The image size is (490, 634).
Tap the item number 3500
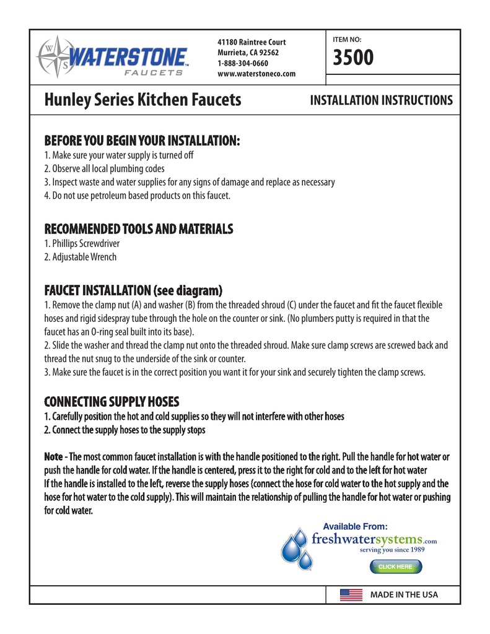pyautogui.click(x=354, y=59)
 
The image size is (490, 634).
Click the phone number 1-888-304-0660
pyautogui.click(x=243, y=64)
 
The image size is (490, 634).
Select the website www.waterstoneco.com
pyautogui.click(x=256, y=74)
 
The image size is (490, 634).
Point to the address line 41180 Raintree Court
pyautogui.click(x=252, y=42)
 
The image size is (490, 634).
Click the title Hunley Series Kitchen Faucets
pyautogui.click(x=142, y=100)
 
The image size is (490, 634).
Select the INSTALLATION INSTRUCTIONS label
pyautogui.click(x=381, y=100)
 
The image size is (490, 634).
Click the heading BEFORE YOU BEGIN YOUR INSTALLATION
pyautogui.click(x=142, y=141)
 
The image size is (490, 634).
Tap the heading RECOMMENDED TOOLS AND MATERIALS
pyautogui.click(x=138, y=229)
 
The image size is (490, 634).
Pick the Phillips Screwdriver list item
pyautogui.click(x=82, y=244)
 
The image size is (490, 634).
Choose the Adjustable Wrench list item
pyautogui.click(x=80, y=257)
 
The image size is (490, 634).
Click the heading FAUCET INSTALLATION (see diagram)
pyautogui.click(x=133, y=290)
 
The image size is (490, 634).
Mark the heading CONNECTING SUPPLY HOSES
pyautogui.click(x=112, y=402)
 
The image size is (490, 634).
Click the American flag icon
pyautogui.click(x=351, y=595)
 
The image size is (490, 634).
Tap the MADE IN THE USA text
pyautogui.click(x=404, y=595)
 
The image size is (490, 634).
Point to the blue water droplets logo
pyautogui.click(x=295, y=549)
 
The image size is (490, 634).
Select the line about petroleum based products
pyautogui.click(x=137, y=196)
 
